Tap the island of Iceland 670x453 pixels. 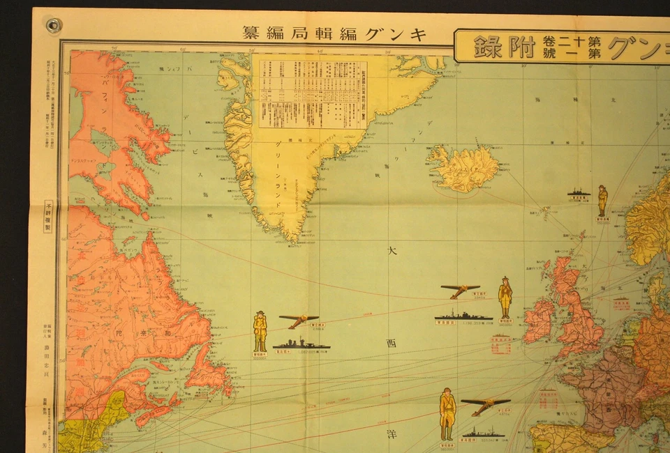point(464,168)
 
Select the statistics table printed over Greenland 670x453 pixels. point(313,93)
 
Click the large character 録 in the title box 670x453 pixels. point(489,47)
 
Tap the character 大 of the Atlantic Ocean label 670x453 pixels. point(392,251)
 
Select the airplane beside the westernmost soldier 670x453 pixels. point(299,320)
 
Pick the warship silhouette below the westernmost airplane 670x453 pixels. point(301,344)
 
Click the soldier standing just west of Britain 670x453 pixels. point(505,298)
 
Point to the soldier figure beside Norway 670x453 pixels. point(602,201)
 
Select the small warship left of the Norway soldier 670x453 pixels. point(579,193)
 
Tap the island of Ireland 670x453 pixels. point(539,321)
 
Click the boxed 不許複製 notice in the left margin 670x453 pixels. point(48,215)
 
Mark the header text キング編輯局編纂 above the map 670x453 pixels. point(334,33)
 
